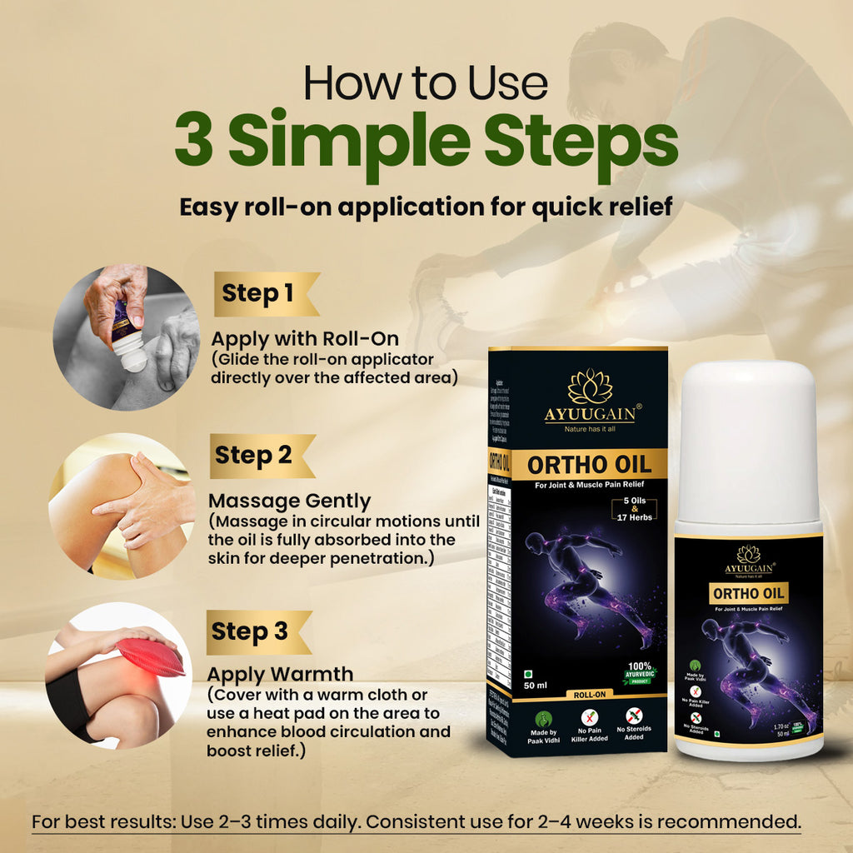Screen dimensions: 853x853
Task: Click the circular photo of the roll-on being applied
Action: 126,337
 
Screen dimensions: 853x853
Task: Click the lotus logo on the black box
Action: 590,387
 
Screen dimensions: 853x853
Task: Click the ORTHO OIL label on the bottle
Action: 749,593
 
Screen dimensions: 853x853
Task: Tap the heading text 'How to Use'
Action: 426,84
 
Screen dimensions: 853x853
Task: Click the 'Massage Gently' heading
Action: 289,501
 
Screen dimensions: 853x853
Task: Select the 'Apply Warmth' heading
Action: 280,674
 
